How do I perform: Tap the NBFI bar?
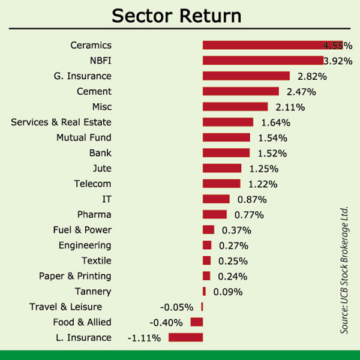pyautogui.click(x=263, y=61)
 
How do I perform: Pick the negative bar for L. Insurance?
pyautogui.click(x=185, y=337)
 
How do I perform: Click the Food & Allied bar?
pyautogui.click(x=196, y=322)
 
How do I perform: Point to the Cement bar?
pyautogui.click(x=241, y=91)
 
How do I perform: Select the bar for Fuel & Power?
pyautogui.click(x=208, y=230)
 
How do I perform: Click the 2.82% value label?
pyautogui.click(x=312, y=76)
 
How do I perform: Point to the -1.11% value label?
pyautogui.click(x=144, y=338)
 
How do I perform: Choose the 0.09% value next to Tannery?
pyautogui.click(x=227, y=292)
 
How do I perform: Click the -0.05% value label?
pyautogui.click(x=176, y=307)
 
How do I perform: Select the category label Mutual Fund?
pyautogui.click(x=84, y=137)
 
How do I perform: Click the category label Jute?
pyautogui.click(x=102, y=169)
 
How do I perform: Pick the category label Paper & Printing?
pyautogui.click(x=75, y=276)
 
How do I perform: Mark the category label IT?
pyautogui.click(x=107, y=199)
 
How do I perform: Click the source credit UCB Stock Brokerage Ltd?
pyautogui.click(x=344, y=270)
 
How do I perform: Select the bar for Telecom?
pyautogui.click(x=221, y=184)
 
